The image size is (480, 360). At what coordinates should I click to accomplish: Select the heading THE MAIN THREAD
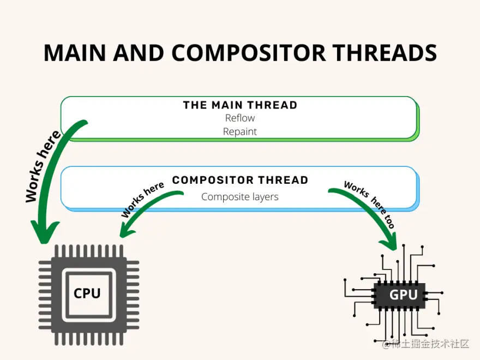240,105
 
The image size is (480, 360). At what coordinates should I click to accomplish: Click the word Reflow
240,118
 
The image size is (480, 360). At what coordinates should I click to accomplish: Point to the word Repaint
240,131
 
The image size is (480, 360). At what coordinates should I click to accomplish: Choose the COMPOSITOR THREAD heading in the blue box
240,180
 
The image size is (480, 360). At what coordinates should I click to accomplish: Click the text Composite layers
240,197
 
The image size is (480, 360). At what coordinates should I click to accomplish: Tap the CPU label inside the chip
87,293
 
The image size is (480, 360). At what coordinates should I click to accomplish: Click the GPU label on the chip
403,295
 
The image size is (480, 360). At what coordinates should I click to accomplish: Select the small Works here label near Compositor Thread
143,200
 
